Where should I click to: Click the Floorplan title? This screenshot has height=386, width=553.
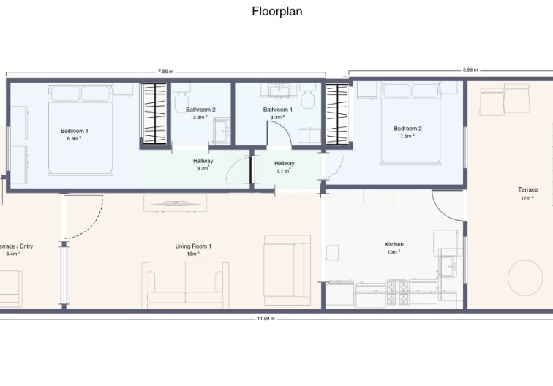point(276,11)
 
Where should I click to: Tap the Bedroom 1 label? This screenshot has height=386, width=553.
point(75,131)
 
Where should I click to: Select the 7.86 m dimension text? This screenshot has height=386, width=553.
point(165,72)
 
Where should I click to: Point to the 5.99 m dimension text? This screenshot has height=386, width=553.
point(470,69)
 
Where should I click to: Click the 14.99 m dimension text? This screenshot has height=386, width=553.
point(266,319)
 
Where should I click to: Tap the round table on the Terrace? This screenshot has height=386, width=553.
point(525,278)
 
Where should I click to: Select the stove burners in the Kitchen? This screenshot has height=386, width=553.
point(398,293)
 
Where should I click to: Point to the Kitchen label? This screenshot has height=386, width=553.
point(394,244)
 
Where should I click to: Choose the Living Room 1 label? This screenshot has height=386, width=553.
point(193,246)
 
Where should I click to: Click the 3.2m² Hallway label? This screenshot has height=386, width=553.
point(203,164)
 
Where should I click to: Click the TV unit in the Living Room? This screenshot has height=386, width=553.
point(175,203)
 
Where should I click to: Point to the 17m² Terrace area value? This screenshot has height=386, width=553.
point(527,198)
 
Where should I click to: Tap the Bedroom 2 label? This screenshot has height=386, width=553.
point(407,129)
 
